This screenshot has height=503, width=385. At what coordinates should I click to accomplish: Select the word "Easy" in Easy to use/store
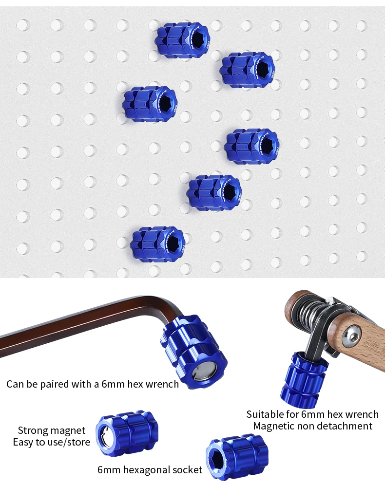pos(23,442)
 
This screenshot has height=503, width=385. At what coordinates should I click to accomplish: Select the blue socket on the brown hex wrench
pos(193,352)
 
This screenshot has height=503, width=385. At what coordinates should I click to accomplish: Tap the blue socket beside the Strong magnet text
pos(127,434)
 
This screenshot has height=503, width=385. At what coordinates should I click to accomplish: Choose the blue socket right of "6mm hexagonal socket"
pos(237,457)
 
